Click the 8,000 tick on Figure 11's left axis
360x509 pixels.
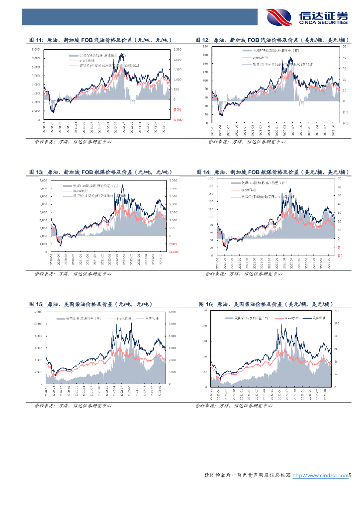click(36, 50)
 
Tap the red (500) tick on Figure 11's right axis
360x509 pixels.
click(177, 109)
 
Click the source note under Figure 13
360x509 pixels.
click(73, 273)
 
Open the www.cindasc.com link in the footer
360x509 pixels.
click(319, 476)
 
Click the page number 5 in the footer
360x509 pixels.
click(350, 476)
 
